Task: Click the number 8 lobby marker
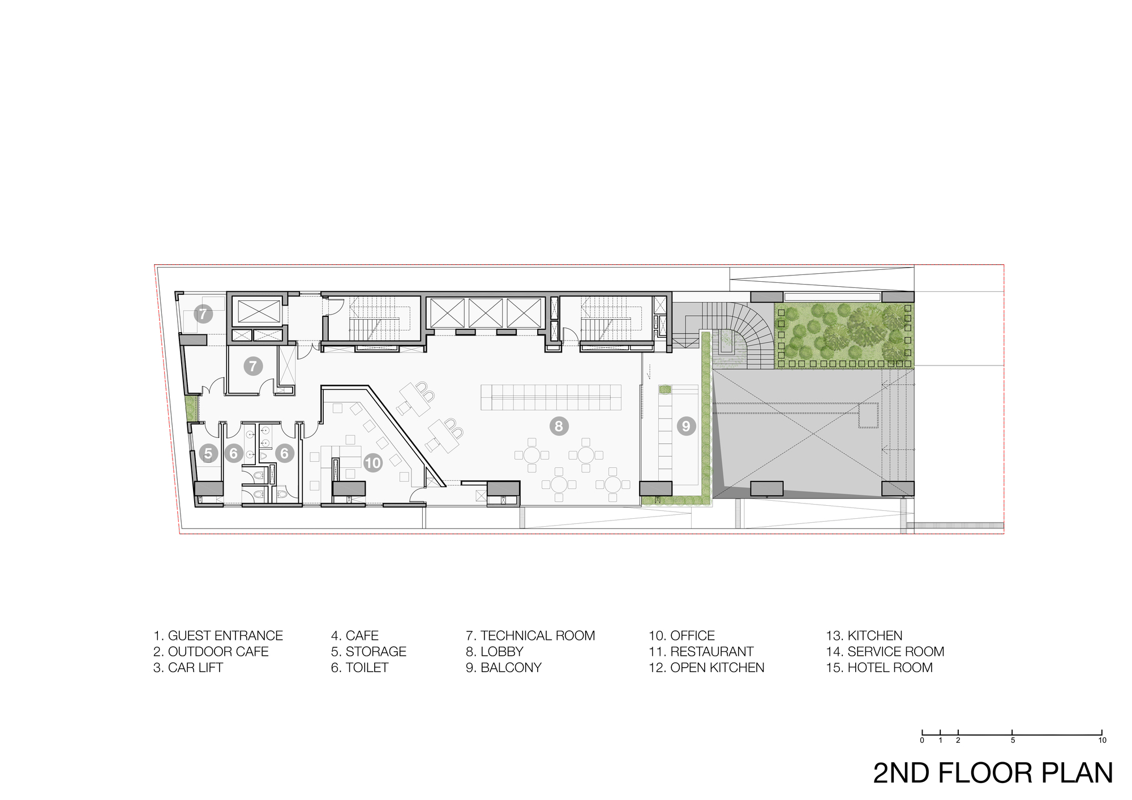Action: pyautogui.click(x=559, y=426)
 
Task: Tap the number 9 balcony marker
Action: pyautogui.click(x=686, y=425)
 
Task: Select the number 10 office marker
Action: pyautogui.click(x=373, y=463)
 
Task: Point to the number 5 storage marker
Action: pyautogui.click(x=209, y=453)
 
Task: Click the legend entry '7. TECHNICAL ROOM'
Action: pyautogui.click(x=530, y=636)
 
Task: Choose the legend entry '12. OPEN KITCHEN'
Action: pyautogui.click(x=706, y=668)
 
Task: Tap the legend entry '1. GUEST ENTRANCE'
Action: pyautogui.click(x=218, y=636)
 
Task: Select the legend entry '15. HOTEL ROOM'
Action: pyautogui.click(x=879, y=668)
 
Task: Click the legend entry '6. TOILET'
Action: pyautogui.click(x=359, y=668)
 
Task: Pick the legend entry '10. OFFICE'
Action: pyautogui.click(x=681, y=636)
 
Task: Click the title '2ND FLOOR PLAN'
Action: pyautogui.click(x=993, y=773)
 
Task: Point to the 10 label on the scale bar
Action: pyautogui.click(x=1101, y=740)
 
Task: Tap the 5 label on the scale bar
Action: pyautogui.click(x=1012, y=740)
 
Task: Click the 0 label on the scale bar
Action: pyautogui.click(x=922, y=740)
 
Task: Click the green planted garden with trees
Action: pyautogui.click(x=843, y=336)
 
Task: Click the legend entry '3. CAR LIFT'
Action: pyautogui.click(x=188, y=668)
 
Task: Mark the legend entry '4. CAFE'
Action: pyautogui.click(x=354, y=636)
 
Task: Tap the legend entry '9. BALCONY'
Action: pyautogui.click(x=504, y=668)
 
